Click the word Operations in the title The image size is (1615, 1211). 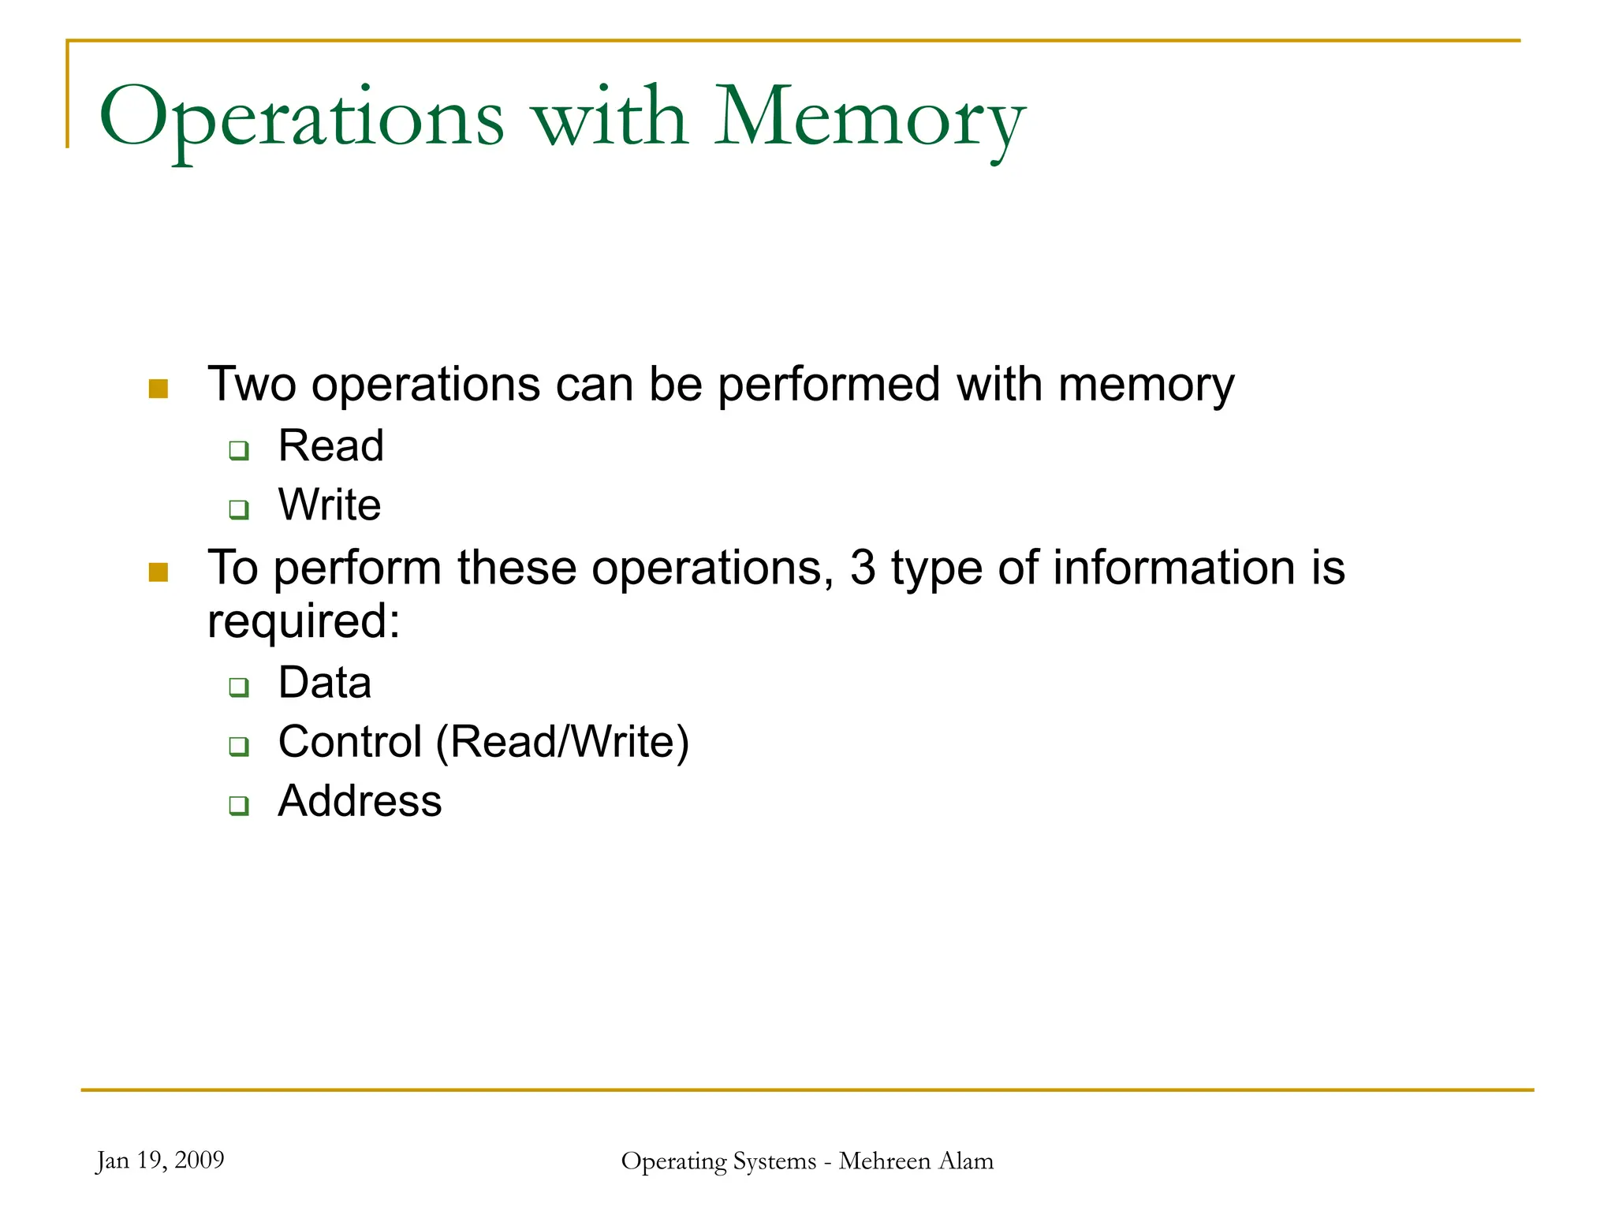pyautogui.click(x=301, y=118)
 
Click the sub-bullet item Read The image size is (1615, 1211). pyautogui.click(x=331, y=445)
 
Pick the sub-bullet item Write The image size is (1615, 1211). pyautogui.click(x=330, y=505)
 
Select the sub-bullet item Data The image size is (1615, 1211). pyautogui.click(x=325, y=682)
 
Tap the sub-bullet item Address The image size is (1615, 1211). pyautogui.click(x=360, y=801)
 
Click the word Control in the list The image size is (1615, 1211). pyautogui.click(x=350, y=742)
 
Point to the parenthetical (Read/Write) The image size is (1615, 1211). pyautogui.click(x=562, y=742)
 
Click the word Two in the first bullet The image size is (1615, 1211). pyautogui.click(x=252, y=385)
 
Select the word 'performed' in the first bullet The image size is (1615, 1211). pyautogui.click(x=829, y=385)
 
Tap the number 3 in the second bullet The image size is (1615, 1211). pyautogui.click(x=863, y=568)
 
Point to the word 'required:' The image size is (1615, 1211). pyautogui.click(x=304, y=621)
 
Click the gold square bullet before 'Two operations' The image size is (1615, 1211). pyautogui.click(x=159, y=389)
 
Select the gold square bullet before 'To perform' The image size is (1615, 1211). pyautogui.click(x=159, y=572)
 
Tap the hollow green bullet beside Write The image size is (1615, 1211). pyautogui.click(x=239, y=509)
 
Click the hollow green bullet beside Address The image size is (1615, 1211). pyautogui.click(x=239, y=806)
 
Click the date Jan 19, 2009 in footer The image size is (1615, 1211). pyautogui.click(x=160, y=1161)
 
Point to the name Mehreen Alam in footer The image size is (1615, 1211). pyautogui.click(x=916, y=1161)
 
